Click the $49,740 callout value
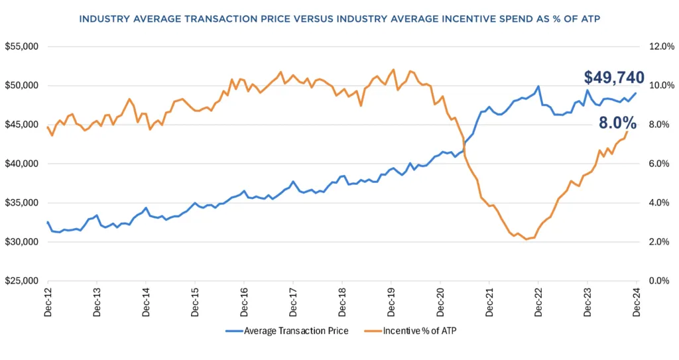click(613, 78)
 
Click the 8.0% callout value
click(619, 123)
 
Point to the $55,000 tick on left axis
click(23, 47)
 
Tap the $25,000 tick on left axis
click(23, 281)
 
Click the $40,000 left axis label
click(23, 164)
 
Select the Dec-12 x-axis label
click(48, 302)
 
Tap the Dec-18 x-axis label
click(341, 302)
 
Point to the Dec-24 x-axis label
click(636, 302)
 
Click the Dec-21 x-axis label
click(489, 302)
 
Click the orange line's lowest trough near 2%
click(526, 239)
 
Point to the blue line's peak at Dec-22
click(538, 86)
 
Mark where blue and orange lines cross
click(463, 149)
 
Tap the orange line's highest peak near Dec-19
click(394, 69)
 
